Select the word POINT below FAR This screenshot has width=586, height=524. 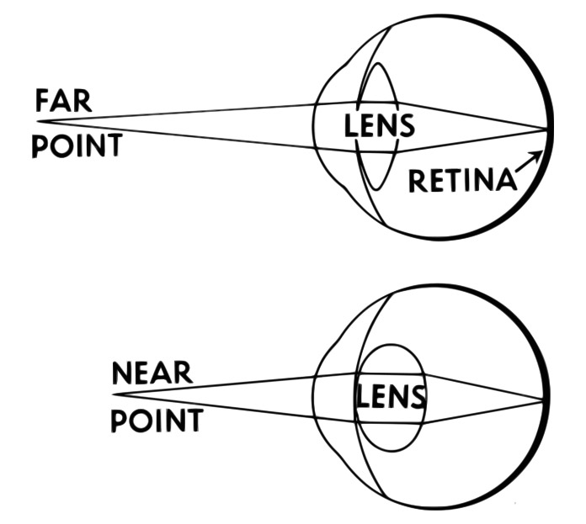click(76, 146)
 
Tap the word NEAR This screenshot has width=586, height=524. click(152, 373)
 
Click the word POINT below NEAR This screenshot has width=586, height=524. click(157, 419)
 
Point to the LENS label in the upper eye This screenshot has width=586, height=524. click(381, 126)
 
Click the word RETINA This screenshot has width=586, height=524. click(461, 181)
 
